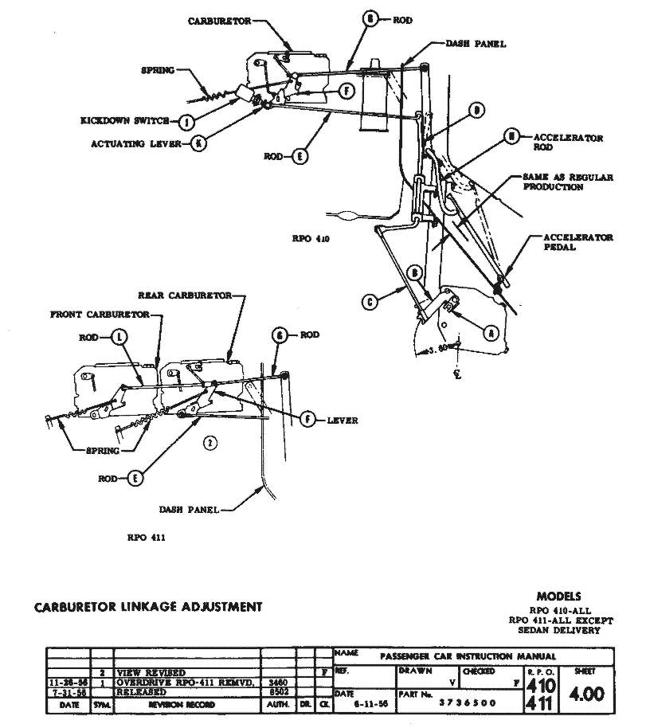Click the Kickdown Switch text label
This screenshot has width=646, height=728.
tap(123, 122)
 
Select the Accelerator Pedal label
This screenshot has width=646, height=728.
tap(578, 242)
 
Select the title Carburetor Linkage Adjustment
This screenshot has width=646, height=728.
tap(148, 607)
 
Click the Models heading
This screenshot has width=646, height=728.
tap(558, 596)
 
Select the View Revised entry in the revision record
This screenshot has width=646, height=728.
tap(151, 673)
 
